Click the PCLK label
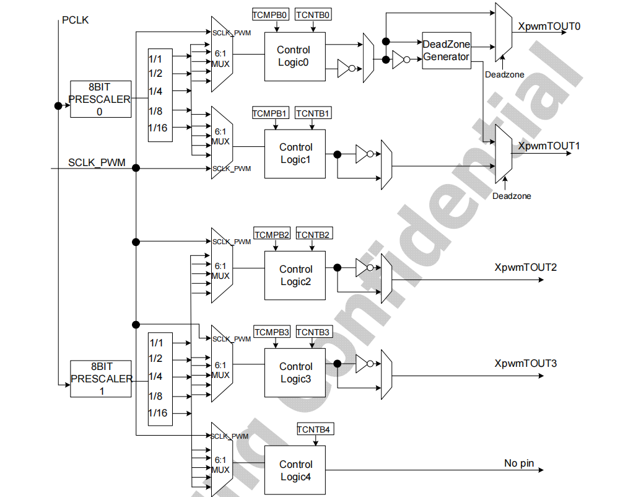pos(76,20)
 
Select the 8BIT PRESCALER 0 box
pos(100,99)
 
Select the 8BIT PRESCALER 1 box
pos(100,379)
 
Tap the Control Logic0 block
pos(295,56)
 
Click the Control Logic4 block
pos(295,470)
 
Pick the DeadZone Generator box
pos(446,50)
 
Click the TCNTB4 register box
pos(315,429)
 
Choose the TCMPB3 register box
pos(272,332)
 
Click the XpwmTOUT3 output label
pos(526,363)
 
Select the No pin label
pos(519,463)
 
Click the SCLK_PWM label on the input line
pos(97,163)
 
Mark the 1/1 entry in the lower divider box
pos(156,343)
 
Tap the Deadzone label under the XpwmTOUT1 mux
pos(512,196)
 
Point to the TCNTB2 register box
pos(314,234)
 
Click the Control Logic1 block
pos(295,154)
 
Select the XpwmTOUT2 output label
pos(526,268)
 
